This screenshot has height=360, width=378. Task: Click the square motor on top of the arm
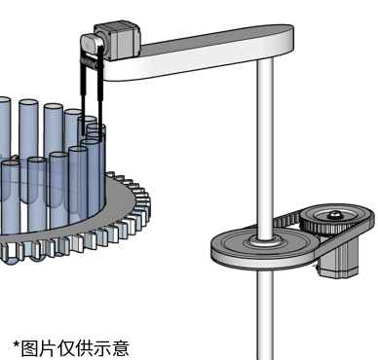point(118,40)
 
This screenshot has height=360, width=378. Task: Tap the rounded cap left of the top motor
point(90,45)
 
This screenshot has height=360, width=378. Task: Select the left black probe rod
point(83,94)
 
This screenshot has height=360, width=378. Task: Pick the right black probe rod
point(100,94)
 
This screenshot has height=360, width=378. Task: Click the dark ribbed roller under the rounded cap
point(90,61)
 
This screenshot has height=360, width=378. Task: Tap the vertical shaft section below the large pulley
point(265,314)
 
